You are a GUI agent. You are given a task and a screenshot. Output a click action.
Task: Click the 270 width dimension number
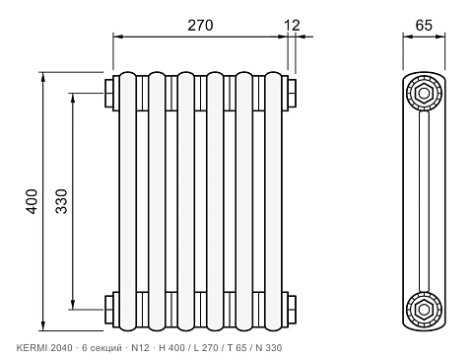(x=200, y=26)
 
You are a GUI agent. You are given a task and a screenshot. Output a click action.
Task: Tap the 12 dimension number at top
(x=292, y=26)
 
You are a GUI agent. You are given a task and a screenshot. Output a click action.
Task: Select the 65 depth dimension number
(x=424, y=26)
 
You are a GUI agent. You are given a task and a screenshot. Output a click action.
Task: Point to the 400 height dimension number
(x=32, y=201)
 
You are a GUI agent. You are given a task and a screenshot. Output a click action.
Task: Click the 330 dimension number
(x=61, y=201)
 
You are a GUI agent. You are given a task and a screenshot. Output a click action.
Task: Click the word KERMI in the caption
(x=32, y=348)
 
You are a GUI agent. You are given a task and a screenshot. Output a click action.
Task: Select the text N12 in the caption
(x=140, y=348)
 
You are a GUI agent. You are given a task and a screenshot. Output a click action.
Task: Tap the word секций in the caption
(x=106, y=348)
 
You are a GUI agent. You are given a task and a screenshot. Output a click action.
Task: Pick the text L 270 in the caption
(x=206, y=348)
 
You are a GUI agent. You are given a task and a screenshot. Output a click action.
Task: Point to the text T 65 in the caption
(x=236, y=348)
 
